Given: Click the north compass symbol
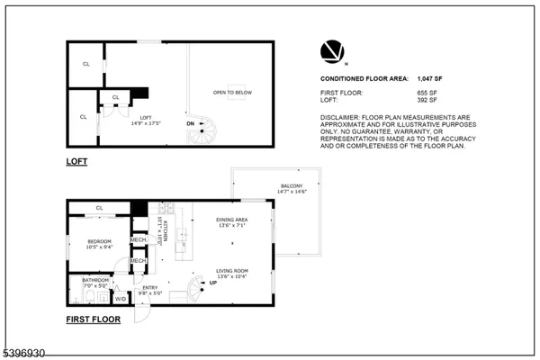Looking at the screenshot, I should [330, 50].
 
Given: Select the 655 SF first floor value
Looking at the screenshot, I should [452, 93].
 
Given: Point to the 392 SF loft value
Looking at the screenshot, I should [452, 103].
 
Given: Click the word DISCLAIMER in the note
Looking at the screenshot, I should [344, 117].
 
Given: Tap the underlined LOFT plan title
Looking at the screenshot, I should [76, 162].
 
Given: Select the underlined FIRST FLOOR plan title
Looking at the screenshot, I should [92, 319].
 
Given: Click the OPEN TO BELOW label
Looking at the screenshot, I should [231, 93].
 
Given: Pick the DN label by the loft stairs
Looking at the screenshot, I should [190, 123].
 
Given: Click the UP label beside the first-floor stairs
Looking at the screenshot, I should [212, 283].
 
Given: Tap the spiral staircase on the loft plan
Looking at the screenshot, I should [200, 133].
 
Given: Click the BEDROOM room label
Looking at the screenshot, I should [99, 241].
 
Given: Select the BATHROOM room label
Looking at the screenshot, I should [95, 280].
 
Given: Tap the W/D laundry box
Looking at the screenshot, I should [121, 298].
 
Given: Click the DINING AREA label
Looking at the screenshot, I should [231, 220].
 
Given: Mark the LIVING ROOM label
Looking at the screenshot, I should [231, 270].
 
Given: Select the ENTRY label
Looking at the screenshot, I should [150, 287].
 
